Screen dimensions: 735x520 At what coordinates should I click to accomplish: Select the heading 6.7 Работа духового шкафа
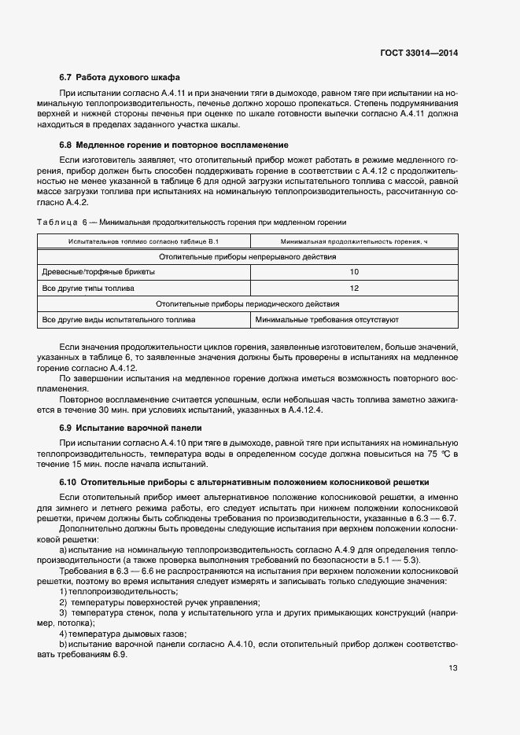click(x=120, y=78)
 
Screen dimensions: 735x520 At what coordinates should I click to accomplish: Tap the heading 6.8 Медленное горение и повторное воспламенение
click(x=174, y=145)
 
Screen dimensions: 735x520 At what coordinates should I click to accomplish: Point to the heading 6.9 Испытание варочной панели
click(x=131, y=428)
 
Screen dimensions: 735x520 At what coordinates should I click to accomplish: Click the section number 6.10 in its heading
click(x=68, y=482)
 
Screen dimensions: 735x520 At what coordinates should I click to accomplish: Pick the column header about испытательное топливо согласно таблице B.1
click(x=143, y=241)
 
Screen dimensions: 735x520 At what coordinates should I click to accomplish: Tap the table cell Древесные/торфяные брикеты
click(x=98, y=272)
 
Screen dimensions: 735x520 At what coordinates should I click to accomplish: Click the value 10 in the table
click(x=354, y=272)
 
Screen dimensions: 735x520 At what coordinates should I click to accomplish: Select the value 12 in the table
click(x=354, y=288)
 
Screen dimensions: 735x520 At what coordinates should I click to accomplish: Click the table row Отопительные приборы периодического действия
click(x=248, y=304)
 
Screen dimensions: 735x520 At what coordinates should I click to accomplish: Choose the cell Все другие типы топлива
click(x=88, y=288)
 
